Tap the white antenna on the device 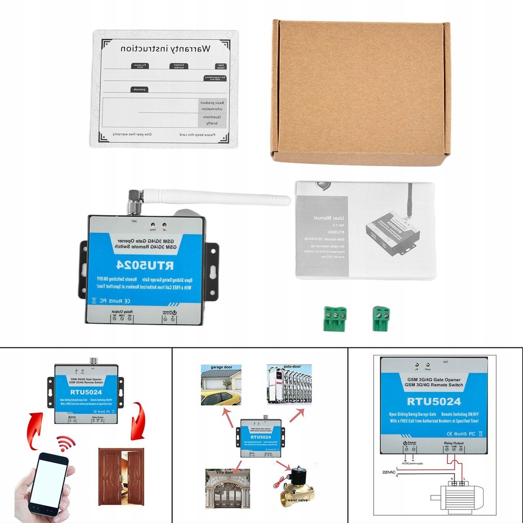coord(215,197)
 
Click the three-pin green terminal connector coord(335,318)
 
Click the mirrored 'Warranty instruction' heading coord(165,50)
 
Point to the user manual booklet coord(365,230)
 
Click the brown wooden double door coord(121,476)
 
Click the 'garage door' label coord(221,367)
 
